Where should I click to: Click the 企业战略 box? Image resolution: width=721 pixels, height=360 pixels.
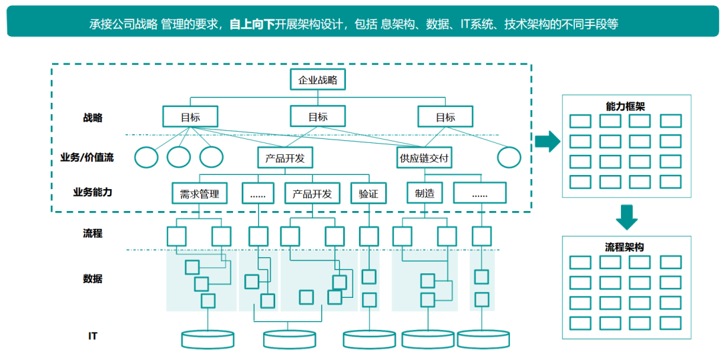coord(318,80)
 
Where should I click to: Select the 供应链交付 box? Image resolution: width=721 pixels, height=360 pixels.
coord(425,158)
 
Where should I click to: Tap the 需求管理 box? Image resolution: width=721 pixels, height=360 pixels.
coord(200,194)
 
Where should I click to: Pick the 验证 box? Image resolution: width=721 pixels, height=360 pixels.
coord(369,194)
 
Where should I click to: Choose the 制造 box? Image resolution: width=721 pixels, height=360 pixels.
coord(425,194)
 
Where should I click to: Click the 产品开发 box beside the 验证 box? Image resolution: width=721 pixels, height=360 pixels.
coord(312,194)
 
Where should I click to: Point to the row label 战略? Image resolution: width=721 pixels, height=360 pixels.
coord(93,118)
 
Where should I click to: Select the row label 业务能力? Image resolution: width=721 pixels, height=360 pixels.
coord(93,192)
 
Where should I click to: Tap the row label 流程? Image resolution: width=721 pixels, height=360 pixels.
coord(93,234)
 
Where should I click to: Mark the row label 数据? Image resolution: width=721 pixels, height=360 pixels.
coord(93,279)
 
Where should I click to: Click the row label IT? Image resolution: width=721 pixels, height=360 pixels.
coord(93,335)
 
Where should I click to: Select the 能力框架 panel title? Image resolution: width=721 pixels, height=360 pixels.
coord(625,106)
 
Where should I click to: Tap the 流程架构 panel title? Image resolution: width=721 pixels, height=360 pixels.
coord(625,247)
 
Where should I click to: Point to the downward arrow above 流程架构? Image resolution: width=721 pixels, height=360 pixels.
coord(626,216)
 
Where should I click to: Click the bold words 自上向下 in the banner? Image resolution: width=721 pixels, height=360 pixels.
coord(252,25)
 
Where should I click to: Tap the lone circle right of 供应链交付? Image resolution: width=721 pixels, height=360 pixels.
coord(509,158)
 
